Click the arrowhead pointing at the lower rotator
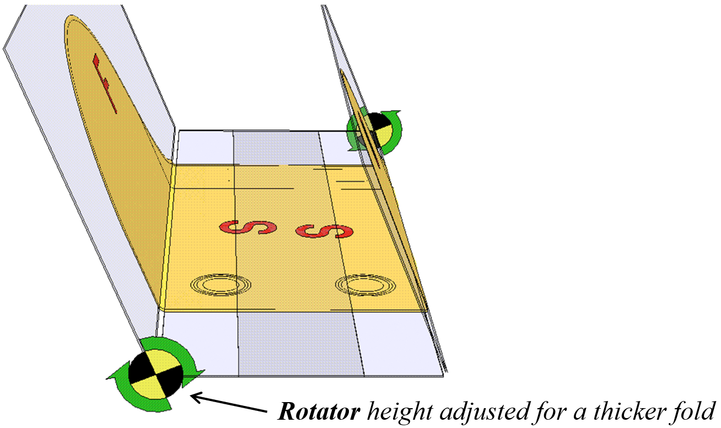(194, 395)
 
